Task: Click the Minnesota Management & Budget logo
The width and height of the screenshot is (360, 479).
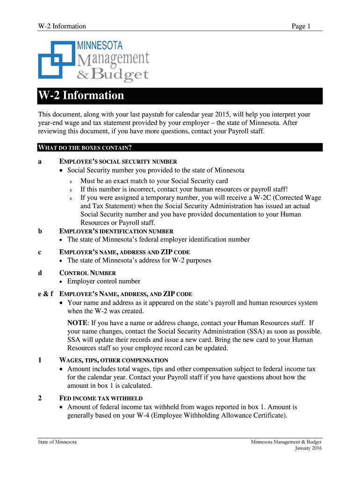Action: click(94, 61)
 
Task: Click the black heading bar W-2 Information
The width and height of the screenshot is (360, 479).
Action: click(180, 96)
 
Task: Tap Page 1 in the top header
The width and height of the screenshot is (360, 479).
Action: click(301, 26)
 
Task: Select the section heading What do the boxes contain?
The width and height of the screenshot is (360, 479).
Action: click(85, 148)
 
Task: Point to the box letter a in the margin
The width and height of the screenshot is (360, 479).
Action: click(40, 161)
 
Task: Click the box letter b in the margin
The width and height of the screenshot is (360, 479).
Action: click(40, 231)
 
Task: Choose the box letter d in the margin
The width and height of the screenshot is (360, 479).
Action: click(40, 273)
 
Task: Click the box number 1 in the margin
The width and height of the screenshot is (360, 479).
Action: click(40, 360)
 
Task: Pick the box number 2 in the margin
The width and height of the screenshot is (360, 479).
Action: click(40, 399)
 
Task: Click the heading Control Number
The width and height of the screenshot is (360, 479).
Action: click(88, 273)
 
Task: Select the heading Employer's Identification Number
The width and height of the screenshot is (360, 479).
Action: click(116, 231)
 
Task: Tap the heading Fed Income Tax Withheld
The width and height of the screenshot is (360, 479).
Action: click(101, 399)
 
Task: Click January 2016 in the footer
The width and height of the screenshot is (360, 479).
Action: click(308, 448)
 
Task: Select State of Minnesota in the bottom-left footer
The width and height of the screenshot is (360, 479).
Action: click(58, 442)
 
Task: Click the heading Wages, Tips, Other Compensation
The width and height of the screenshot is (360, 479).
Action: click(114, 360)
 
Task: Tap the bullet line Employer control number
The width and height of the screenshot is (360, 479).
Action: click(104, 281)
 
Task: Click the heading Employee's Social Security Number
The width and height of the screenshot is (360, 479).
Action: click(118, 161)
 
